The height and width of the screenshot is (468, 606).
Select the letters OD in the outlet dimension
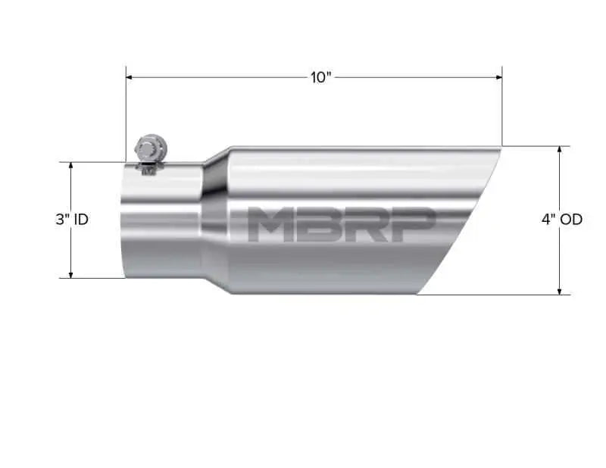tap(572, 220)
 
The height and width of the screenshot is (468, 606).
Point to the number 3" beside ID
tap(61, 220)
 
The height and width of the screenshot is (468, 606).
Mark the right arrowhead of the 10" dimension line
tap(498, 77)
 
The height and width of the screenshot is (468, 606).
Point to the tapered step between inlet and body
tap(215, 220)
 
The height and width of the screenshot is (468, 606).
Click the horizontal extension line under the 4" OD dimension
tap(492, 295)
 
